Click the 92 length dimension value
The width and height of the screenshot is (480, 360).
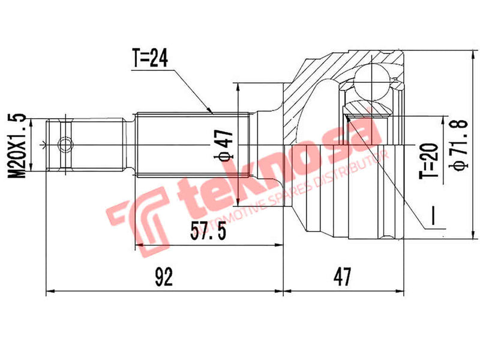tap(163, 277)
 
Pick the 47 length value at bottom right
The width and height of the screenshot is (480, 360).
tap(342, 277)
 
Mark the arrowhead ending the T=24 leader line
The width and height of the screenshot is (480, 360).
tap(211, 112)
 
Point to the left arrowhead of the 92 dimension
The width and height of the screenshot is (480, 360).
tap(49, 292)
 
